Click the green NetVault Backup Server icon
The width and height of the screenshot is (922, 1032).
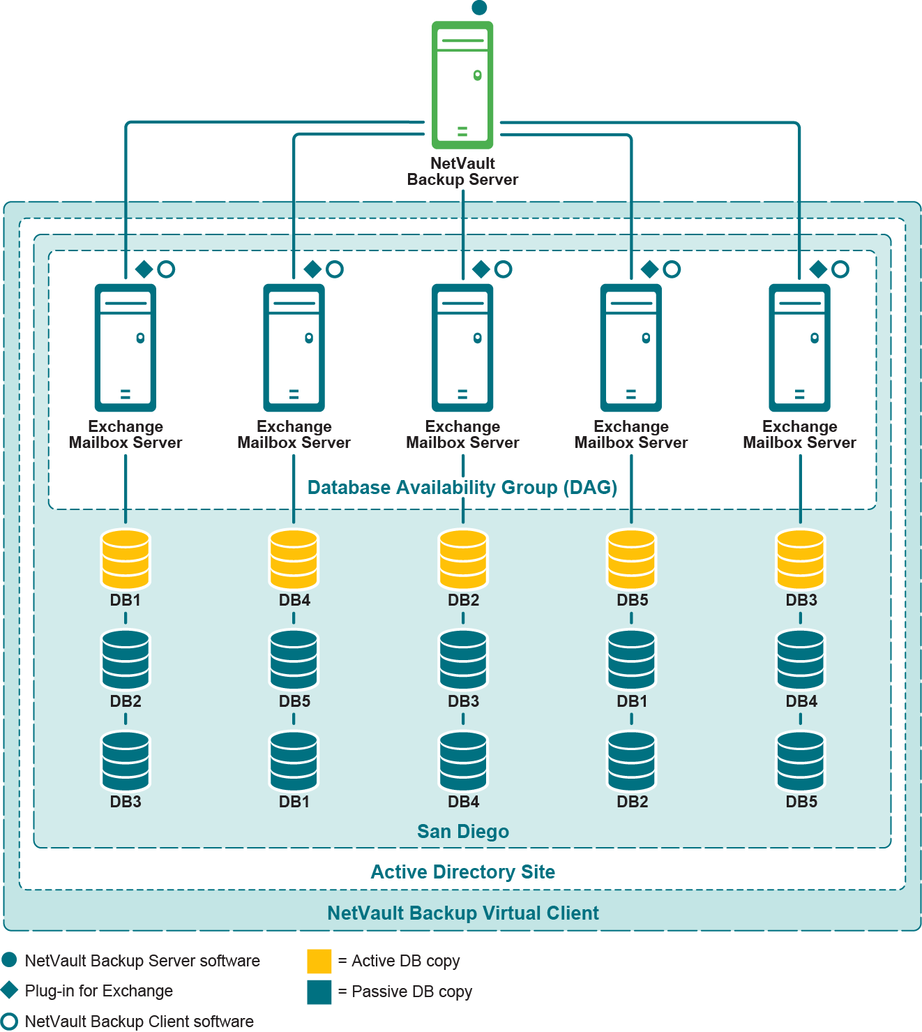click(462, 84)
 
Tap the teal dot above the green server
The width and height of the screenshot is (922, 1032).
click(479, 8)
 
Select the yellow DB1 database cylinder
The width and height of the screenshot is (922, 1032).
click(126, 559)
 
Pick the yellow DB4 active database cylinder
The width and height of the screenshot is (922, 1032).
click(294, 559)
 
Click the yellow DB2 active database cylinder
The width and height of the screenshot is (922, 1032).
click(463, 559)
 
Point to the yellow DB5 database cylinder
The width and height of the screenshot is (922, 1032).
click(631, 559)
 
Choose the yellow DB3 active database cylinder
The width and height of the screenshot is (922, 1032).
click(801, 559)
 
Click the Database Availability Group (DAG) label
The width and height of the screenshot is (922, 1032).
click(462, 487)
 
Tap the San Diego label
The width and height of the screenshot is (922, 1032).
click(463, 831)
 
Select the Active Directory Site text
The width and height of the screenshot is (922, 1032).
click(463, 872)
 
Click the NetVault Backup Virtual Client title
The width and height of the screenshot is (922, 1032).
click(463, 913)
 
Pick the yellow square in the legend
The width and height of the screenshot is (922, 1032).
click(319, 961)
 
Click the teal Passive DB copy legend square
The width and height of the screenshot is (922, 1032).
click(319, 992)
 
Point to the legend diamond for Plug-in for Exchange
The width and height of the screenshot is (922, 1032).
click(10, 990)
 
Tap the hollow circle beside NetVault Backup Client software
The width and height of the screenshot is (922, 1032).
click(10, 1021)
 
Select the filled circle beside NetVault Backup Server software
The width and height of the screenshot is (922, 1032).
click(10, 960)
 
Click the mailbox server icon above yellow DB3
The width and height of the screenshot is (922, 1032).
click(800, 347)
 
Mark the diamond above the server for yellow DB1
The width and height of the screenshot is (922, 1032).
click(144, 269)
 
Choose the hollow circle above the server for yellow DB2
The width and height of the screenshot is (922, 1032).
click(503, 269)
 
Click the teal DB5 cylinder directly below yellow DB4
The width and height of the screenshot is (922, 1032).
click(294, 659)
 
